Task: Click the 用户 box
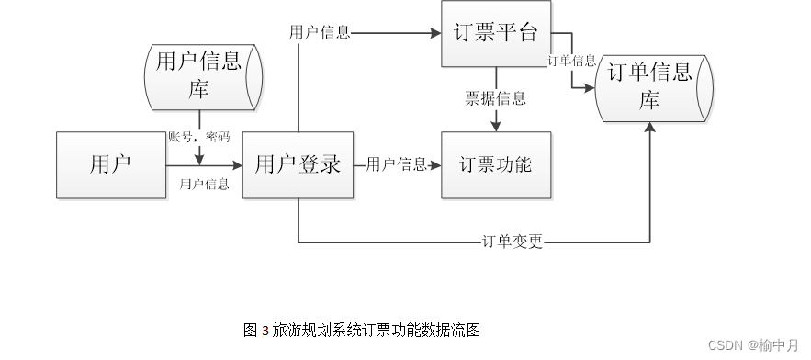coord(111,165)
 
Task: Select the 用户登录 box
coord(298,165)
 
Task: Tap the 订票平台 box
coord(497,34)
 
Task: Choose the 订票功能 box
coord(497,165)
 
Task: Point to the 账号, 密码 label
coord(199,137)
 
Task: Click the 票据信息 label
coord(496,99)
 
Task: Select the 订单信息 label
coord(571,61)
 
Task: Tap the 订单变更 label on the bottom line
coord(513,242)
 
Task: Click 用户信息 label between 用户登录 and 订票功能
coord(397,165)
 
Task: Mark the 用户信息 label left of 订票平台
coord(320,33)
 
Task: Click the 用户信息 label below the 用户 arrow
coord(205,185)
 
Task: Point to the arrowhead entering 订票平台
coord(435,34)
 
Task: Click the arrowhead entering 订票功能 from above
coord(497,127)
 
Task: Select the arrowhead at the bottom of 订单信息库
coord(651,128)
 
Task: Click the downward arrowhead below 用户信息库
coord(199,159)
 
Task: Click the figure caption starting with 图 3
coord(362,330)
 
